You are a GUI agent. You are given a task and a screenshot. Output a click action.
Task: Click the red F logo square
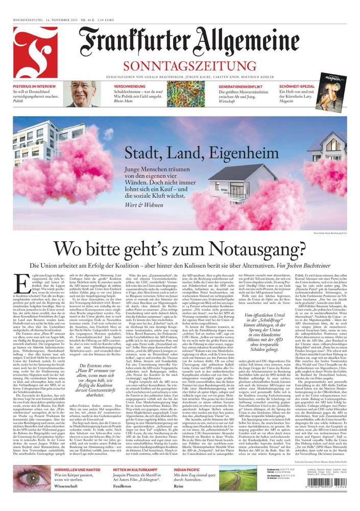pos(35,52)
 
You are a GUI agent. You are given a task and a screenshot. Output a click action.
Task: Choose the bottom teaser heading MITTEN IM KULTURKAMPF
pos(136,469)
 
